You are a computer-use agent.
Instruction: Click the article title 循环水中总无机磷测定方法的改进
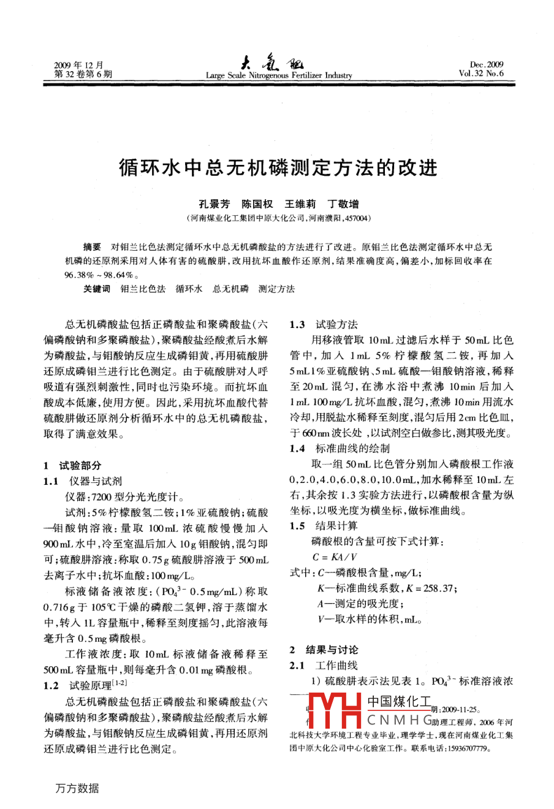pyautogui.click(x=278, y=167)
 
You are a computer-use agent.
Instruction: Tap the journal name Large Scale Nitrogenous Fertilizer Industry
pyautogui.click(x=279, y=76)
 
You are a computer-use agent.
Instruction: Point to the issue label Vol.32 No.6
pyautogui.click(x=480, y=74)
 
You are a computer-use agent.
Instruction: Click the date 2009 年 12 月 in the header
pyautogui.click(x=79, y=65)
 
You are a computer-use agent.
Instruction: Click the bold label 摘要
pyautogui.click(x=92, y=247)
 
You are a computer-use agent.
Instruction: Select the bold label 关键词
pyautogui.click(x=97, y=289)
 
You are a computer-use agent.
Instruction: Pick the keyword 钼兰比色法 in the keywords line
pyautogui.click(x=143, y=289)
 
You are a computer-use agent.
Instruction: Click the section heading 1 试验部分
pyautogui.click(x=73, y=465)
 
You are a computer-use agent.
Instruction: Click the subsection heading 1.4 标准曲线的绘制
pyautogui.click(x=340, y=449)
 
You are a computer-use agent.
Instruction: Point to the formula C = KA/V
pyautogui.click(x=335, y=557)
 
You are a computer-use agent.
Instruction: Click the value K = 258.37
pyautogui.click(x=429, y=588)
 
